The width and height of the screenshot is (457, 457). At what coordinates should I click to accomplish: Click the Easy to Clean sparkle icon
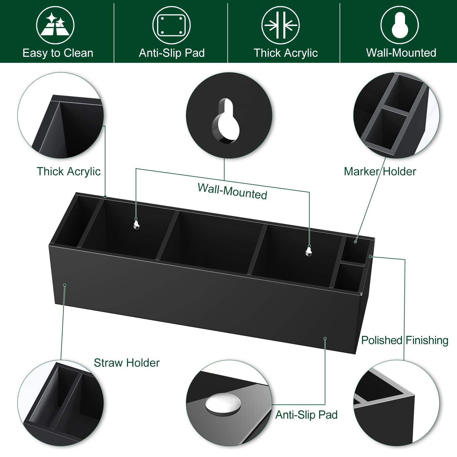pyautogui.click(x=55, y=25)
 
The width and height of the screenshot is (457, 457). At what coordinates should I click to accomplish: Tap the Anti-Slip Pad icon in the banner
pyautogui.click(x=171, y=25)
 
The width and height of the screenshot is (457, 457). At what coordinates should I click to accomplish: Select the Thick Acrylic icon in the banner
pyautogui.click(x=280, y=25)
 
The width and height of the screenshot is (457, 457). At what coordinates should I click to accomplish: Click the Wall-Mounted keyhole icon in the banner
pyautogui.click(x=400, y=25)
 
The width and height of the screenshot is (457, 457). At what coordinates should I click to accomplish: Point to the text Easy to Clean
pyautogui.click(x=58, y=53)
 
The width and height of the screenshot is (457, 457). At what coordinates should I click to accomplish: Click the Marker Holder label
pyautogui.click(x=380, y=171)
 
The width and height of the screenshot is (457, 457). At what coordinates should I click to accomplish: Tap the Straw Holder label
pyautogui.click(x=127, y=363)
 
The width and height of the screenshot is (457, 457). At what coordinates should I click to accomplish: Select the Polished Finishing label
pyautogui.click(x=404, y=340)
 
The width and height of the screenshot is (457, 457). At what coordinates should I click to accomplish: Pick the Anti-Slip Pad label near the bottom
pyautogui.click(x=306, y=415)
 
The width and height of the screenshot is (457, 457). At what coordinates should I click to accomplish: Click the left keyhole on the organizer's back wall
pyautogui.click(x=137, y=224)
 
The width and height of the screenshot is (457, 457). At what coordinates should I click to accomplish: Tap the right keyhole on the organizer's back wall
pyautogui.click(x=308, y=251)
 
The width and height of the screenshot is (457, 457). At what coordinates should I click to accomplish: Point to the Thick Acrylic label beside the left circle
pyautogui.click(x=69, y=171)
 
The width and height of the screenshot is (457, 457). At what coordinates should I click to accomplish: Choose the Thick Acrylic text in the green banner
pyautogui.click(x=286, y=53)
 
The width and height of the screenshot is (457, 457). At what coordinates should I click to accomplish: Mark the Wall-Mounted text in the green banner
pyautogui.click(x=401, y=53)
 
